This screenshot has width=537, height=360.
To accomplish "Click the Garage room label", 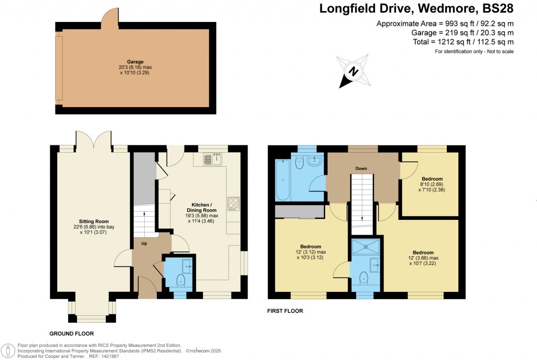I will pyautogui.click(x=135, y=61).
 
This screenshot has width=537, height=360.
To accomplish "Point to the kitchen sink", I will pyautogui.click(x=212, y=158).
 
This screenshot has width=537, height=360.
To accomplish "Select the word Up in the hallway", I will pyautogui.click(x=143, y=243).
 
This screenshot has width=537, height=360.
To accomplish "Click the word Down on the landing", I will pyautogui.click(x=361, y=168).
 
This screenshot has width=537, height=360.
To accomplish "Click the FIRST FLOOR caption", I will pyautogui.click(x=285, y=311).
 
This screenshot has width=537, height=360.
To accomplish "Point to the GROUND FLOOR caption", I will pyautogui.click(x=71, y=333).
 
